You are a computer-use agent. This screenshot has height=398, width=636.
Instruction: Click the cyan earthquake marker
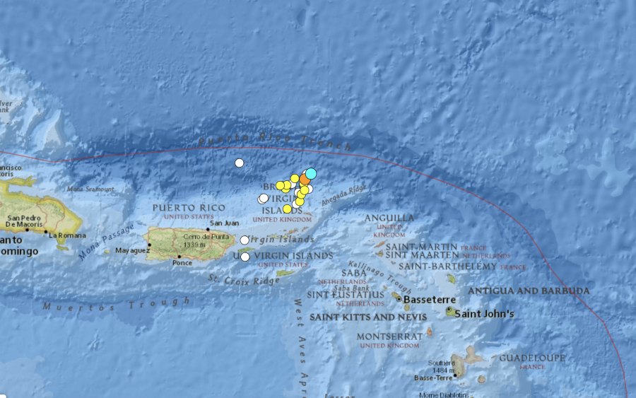pyautogui.click(x=310, y=173)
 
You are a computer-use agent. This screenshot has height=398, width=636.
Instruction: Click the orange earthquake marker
pyautogui.click(x=305, y=180)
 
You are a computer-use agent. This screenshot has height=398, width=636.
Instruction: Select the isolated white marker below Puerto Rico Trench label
pyautogui.click(x=240, y=163)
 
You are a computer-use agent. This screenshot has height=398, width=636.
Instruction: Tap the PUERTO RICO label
pyautogui.click(x=189, y=208)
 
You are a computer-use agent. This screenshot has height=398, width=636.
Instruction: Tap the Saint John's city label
pyautogui.click(x=484, y=313)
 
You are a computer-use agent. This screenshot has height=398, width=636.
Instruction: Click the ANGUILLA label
pyautogui.click(x=389, y=218)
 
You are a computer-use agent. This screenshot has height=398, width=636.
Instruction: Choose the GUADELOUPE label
pyautogui.click(x=532, y=358)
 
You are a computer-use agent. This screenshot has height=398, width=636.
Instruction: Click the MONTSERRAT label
pyautogui.click(x=389, y=336)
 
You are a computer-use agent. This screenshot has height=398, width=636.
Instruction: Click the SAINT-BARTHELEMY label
pyautogui.click(x=447, y=266)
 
